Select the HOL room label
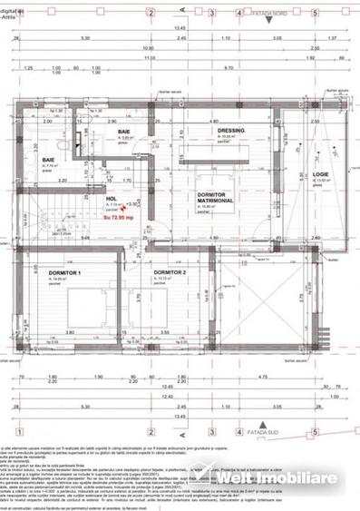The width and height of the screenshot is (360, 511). pos(112,198)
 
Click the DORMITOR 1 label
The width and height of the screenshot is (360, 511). pos(65,271)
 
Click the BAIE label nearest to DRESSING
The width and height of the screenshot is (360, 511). pos(122,133)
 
